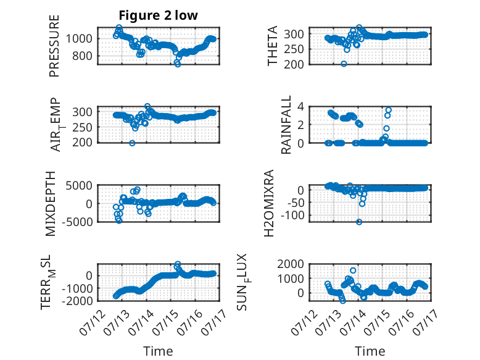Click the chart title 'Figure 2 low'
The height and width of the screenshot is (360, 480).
pos(159,15)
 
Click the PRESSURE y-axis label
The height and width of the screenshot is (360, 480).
pos(54,46)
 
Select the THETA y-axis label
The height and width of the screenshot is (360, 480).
pos(272,46)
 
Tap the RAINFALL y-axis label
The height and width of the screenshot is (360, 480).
pos(286,125)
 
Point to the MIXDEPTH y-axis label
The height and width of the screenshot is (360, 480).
pos(51,204)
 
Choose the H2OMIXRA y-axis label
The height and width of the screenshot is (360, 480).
pos(268,203)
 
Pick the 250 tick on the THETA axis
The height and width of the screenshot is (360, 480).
pos(294,49)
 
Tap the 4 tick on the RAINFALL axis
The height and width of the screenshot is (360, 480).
pos(301,107)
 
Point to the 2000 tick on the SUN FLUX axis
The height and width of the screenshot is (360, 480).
pos(291,264)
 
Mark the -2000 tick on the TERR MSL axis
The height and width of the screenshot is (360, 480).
pos(77,301)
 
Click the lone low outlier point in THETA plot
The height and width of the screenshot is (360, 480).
pos(344,64)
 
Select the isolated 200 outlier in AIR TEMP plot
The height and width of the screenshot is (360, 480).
pos(132,143)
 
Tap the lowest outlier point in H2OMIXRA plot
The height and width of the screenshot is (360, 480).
pos(359,222)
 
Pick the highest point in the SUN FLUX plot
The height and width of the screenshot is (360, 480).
pos(353,270)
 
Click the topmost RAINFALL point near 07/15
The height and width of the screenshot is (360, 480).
pos(389,110)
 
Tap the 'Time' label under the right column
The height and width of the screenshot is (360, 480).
pos(370,351)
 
